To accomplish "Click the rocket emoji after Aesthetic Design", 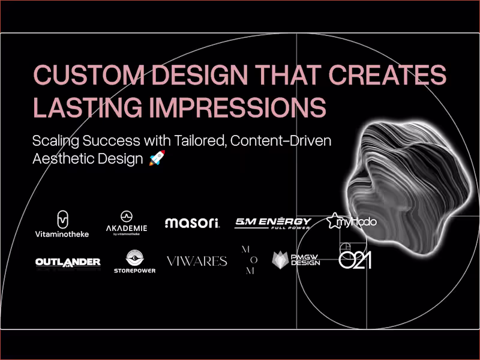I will pyautogui.click(x=157, y=158).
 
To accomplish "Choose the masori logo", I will pyautogui.click(x=193, y=223).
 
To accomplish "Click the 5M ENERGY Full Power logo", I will pyautogui.click(x=273, y=223).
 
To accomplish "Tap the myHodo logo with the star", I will pyautogui.click(x=352, y=222).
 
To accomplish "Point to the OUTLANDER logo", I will pyautogui.click(x=68, y=262).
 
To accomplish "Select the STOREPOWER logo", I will pyautogui.click(x=134, y=262).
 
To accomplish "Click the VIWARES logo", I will pyautogui.click(x=197, y=261).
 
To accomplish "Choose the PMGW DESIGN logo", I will pyautogui.click(x=296, y=260).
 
